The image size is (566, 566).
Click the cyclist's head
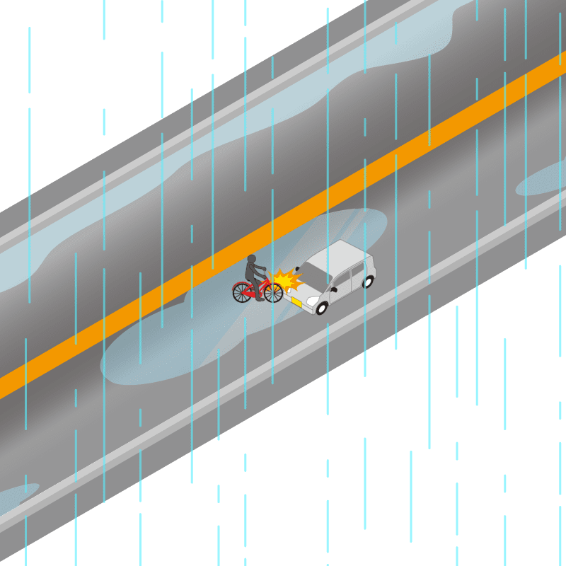[251, 259]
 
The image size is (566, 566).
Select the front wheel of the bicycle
[273, 291]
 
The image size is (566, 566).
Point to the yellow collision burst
[285, 281]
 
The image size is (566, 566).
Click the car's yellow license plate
[297, 303]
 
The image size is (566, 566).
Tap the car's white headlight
[312, 301]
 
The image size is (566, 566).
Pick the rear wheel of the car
[368, 282]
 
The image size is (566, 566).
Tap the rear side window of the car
[362, 268]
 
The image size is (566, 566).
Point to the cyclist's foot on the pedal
[260, 299]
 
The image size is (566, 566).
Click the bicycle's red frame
[258, 289]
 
